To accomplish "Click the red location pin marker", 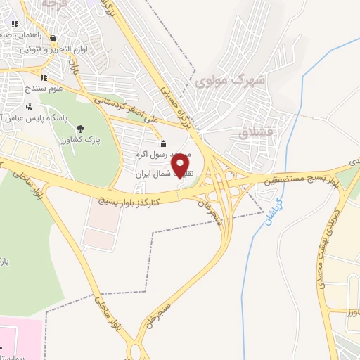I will tap(181, 166).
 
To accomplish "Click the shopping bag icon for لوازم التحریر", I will tap(53, 39).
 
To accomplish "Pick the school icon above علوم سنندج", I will tap(44, 77).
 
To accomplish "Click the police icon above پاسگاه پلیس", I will tap(29, 108).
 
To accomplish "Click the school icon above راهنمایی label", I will tap(15, 24).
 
